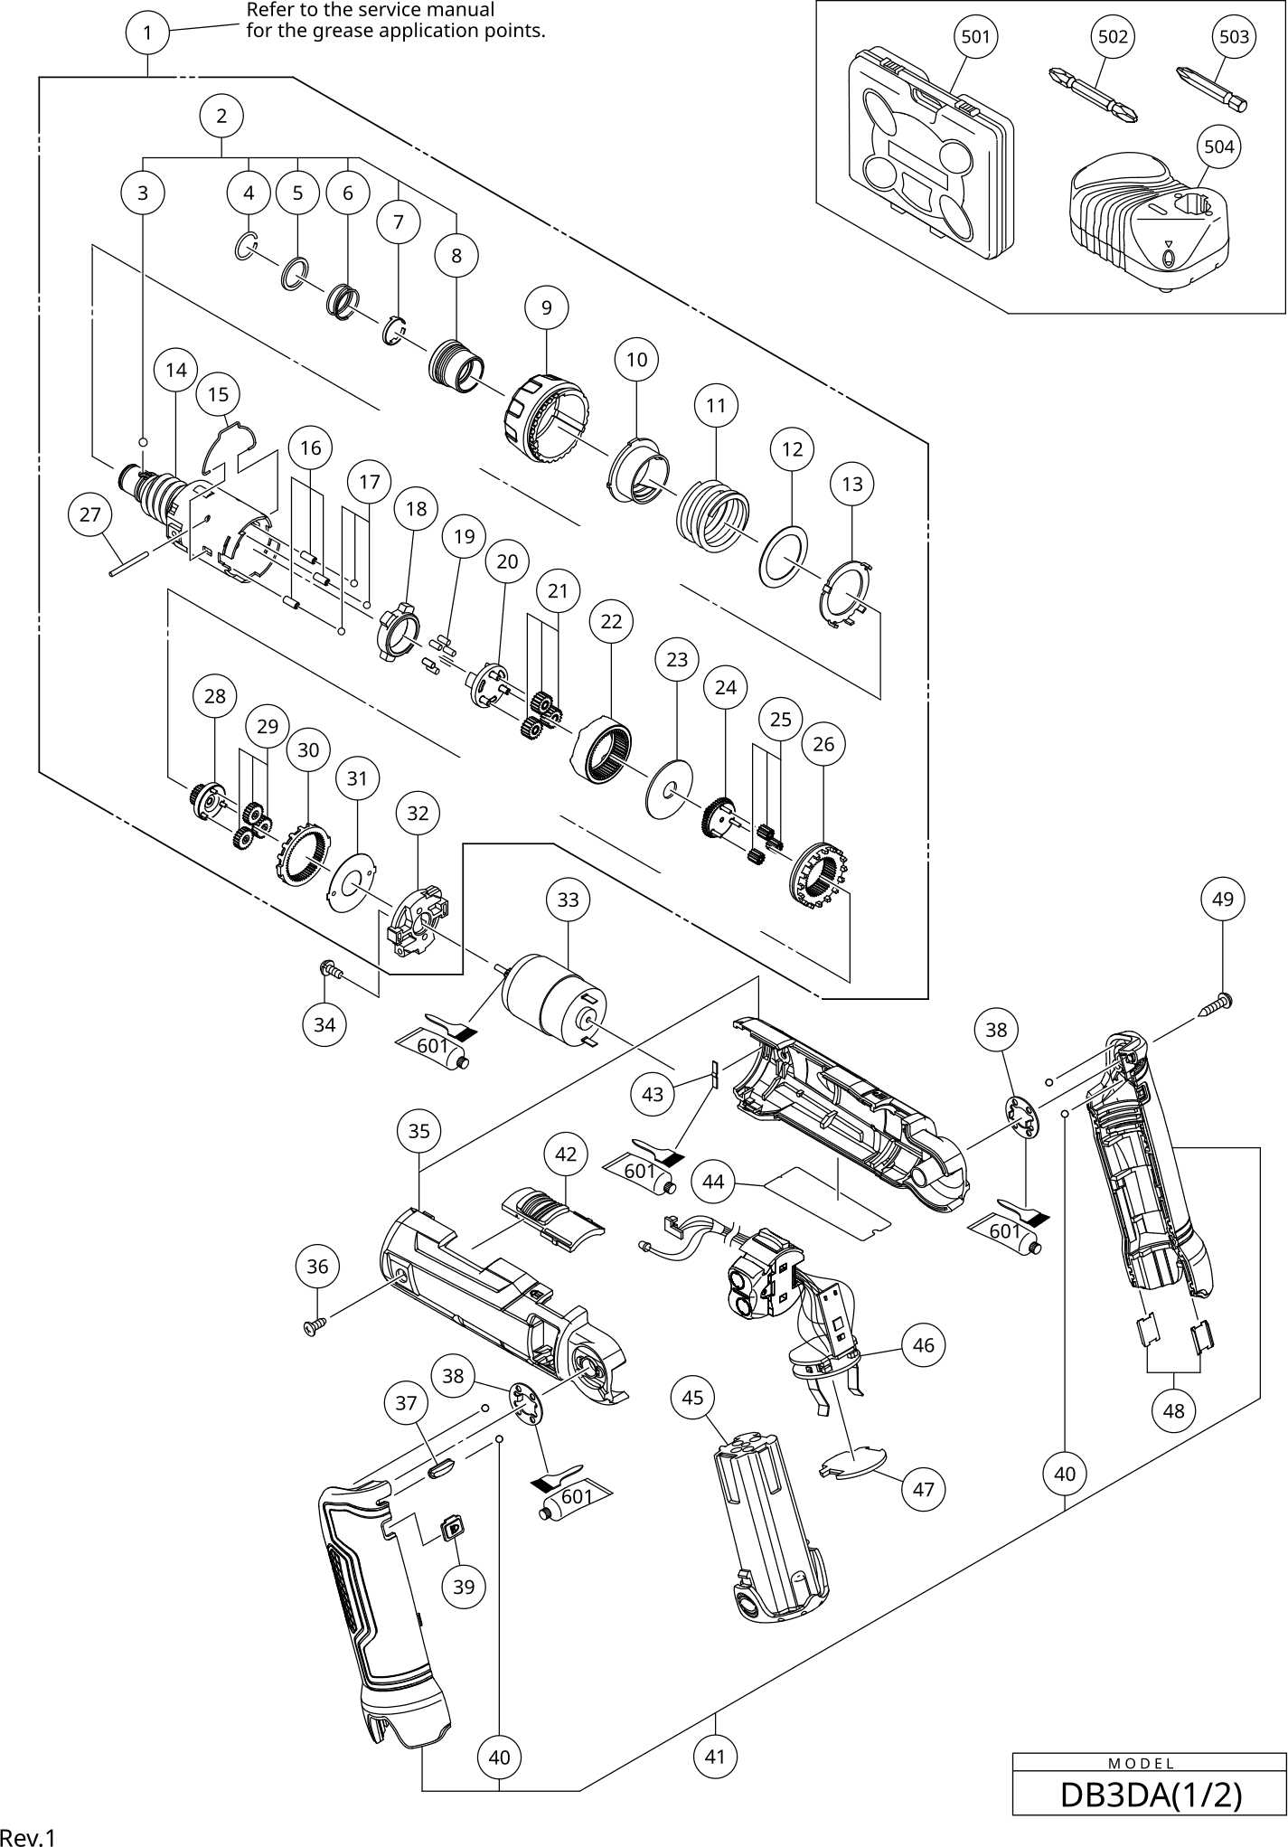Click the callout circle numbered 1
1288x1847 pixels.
click(147, 33)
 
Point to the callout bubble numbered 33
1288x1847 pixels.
click(568, 900)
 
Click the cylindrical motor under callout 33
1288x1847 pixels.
click(551, 1004)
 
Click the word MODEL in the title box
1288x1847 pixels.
click(1141, 1763)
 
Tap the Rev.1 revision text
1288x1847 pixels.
click(28, 1836)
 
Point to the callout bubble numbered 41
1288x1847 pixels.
click(715, 1756)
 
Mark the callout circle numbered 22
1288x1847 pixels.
click(611, 621)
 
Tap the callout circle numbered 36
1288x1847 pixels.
click(317, 1266)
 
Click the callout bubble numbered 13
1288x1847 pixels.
click(852, 484)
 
